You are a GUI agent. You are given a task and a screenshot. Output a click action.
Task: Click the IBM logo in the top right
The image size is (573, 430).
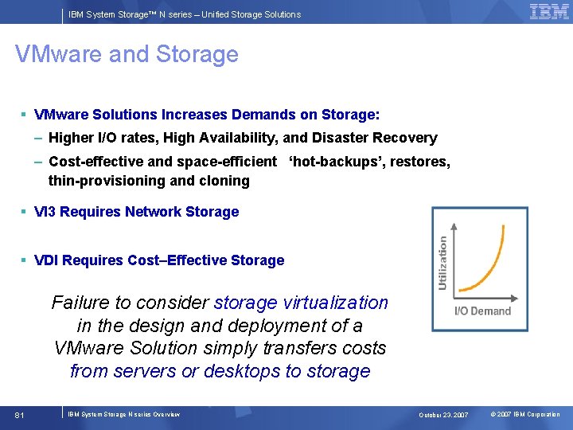(x=549, y=11)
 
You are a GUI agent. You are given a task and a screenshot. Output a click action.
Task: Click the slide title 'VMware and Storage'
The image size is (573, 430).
(x=127, y=54)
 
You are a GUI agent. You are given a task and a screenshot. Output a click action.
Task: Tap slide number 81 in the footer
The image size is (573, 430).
(x=20, y=415)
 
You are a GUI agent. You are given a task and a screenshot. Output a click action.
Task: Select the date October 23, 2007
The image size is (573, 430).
(x=443, y=415)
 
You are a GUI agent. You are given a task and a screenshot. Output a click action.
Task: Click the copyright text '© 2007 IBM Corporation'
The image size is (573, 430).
(x=524, y=415)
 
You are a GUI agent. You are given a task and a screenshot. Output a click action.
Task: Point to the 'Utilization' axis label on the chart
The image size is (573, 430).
(x=442, y=263)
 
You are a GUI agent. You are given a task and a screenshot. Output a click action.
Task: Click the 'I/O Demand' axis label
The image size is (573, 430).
(x=481, y=311)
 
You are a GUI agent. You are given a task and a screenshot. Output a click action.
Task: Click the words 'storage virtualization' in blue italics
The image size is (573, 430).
(x=301, y=303)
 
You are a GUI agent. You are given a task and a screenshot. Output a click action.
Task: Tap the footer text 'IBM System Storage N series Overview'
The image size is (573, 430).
(x=123, y=414)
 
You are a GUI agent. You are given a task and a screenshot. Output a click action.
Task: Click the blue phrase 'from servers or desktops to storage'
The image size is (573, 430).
(x=220, y=371)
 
